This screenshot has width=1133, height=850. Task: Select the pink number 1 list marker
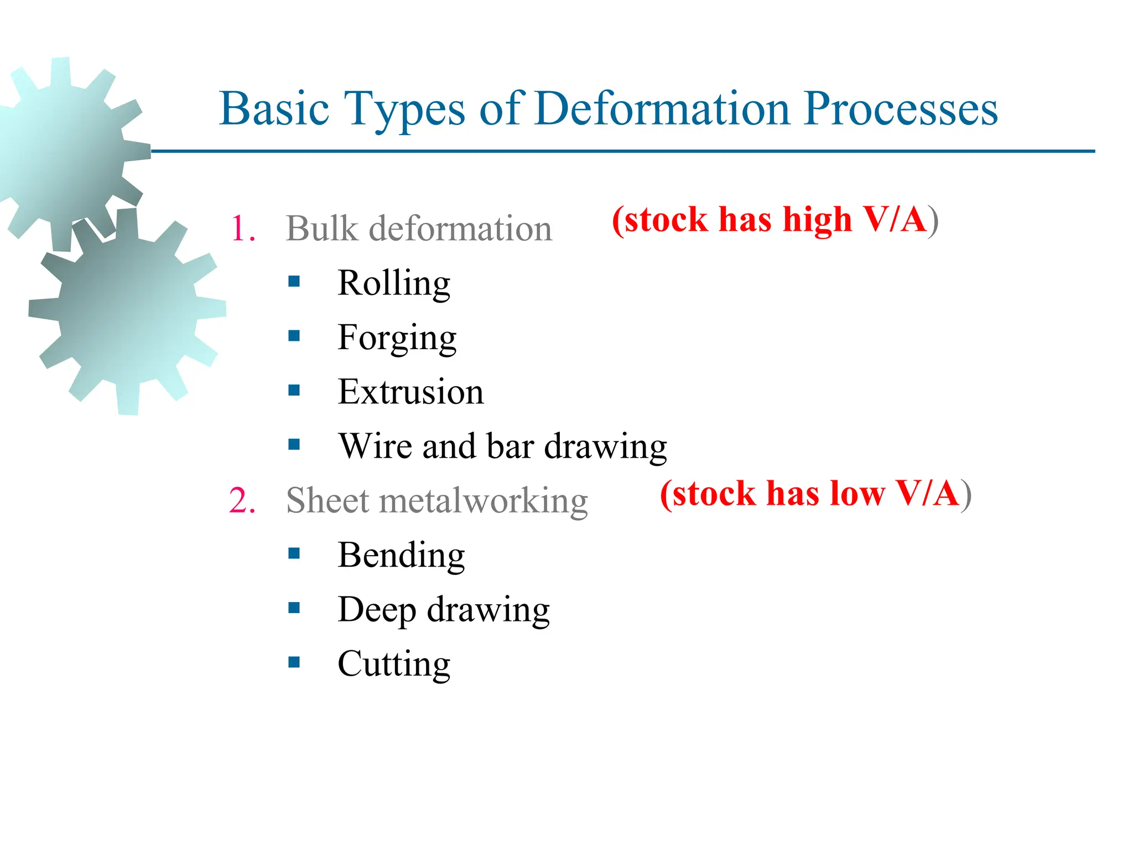click(x=242, y=229)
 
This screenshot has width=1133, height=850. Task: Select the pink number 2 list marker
click(x=242, y=501)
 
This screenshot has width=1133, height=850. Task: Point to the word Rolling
click(x=394, y=283)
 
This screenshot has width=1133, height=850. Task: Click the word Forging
click(x=397, y=338)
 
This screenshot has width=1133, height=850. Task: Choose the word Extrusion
click(x=410, y=392)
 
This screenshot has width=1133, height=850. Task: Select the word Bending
click(x=401, y=555)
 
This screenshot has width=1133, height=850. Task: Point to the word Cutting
click(x=394, y=664)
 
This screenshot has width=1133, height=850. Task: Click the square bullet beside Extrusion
click(x=294, y=391)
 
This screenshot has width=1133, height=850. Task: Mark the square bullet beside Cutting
click(x=294, y=662)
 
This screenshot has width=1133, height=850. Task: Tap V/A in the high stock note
click(x=895, y=219)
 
